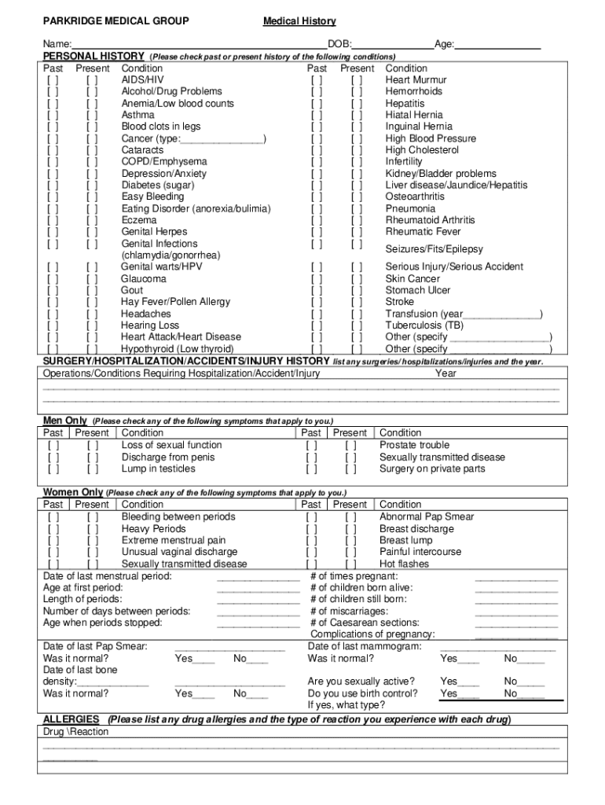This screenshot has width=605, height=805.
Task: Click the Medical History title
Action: coord(299,21)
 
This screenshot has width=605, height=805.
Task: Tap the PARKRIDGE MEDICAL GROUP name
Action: coord(115,21)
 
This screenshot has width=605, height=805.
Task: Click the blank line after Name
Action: coord(200,45)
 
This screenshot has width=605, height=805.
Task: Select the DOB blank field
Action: coord(392,45)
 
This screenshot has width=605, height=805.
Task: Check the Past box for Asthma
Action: coord(53,115)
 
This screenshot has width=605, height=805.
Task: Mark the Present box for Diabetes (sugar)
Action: coord(93,186)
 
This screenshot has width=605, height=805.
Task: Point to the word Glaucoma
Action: coord(144,279)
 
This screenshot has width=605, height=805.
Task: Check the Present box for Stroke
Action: coord(357,302)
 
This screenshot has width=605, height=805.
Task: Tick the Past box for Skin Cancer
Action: coord(317,279)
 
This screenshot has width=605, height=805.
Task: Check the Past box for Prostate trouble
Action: coord(312,446)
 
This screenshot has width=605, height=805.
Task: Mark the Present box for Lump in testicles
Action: coord(93,469)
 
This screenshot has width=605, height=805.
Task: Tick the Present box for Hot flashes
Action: coord(351,564)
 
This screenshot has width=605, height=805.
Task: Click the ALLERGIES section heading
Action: coord(71,719)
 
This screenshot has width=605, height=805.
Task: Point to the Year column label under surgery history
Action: coord(445,373)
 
